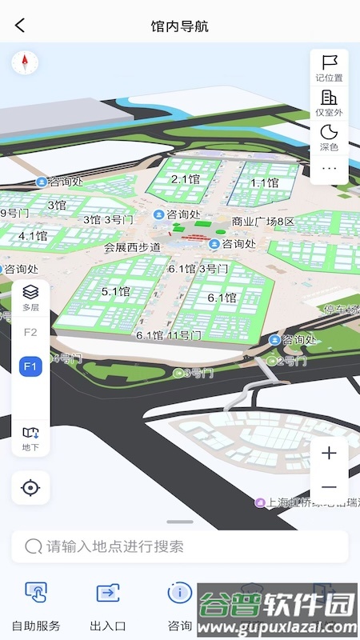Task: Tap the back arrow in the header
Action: click(20, 26)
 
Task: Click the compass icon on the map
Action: click(25, 62)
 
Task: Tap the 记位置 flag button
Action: click(330, 67)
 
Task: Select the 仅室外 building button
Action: click(330, 102)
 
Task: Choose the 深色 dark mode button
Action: click(330, 136)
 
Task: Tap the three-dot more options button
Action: click(330, 168)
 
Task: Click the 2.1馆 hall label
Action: click(186, 179)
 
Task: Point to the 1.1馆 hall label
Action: click(264, 182)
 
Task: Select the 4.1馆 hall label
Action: click(33, 236)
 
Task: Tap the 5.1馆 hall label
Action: click(115, 292)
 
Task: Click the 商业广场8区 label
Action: click(263, 222)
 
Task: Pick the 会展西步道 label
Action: click(133, 247)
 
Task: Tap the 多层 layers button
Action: click(30, 296)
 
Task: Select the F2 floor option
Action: click(30, 332)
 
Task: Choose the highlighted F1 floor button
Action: click(30, 366)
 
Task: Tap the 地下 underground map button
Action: click(30, 438)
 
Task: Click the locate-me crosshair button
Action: click(30, 487)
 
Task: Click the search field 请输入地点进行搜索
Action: click(180, 546)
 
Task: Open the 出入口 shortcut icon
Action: click(107, 604)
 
